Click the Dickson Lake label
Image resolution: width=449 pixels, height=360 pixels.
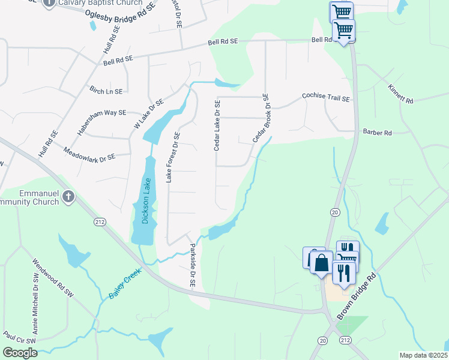(x=145, y=201)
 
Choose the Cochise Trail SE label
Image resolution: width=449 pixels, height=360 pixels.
(x=325, y=96)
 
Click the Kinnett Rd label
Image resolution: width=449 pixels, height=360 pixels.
(x=400, y=94)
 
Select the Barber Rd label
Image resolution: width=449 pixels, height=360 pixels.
(x=377, y=132)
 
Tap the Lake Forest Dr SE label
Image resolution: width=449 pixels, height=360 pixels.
(x=173, y=157)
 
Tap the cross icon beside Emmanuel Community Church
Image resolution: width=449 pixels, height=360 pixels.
(x=68, y=196)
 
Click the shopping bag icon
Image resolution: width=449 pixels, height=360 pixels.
(x=322, y=263)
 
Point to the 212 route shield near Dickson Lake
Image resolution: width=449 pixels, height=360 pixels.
(x=100, y=223)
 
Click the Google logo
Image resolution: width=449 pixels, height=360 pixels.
(x=20, y=353)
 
